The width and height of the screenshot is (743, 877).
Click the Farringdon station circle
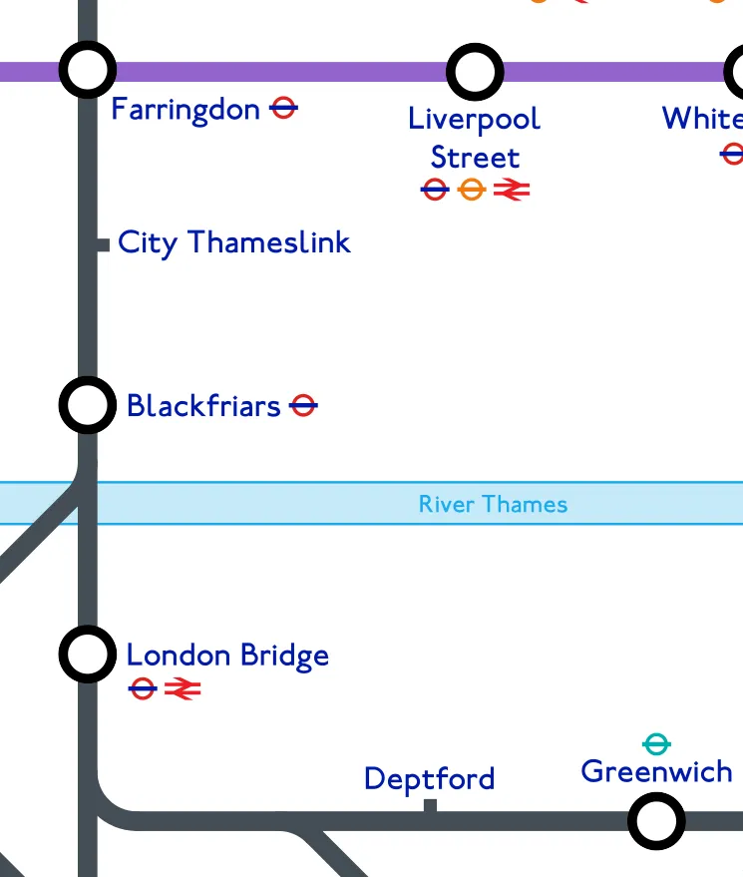pyautogui.click(x=88, y=70)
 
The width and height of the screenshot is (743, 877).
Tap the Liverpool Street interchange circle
pyautogui.click(x=475, y=72)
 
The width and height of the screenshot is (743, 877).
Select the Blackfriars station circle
pyautogui.click(x=88, y=405)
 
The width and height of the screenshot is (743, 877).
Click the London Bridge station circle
pyautogui.click(x=88, y=655)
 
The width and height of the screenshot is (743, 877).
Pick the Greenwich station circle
pyautogui.click(x=656, y=821)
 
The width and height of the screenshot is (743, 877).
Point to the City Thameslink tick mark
pyautogui.click(x=103, y=244)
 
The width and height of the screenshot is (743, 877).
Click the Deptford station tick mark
pyautogui.click(x=430, y=806)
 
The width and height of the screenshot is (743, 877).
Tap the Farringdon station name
pyautogui.click(x=186, y=109)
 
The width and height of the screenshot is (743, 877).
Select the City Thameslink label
pyautogui.click(x=234, y=242)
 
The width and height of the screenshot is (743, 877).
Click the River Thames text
pyautogui.click(x=493, y=504)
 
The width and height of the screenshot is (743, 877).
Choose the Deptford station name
pyautogui.click(x=430, y=778)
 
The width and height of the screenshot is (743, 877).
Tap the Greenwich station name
pyautogui.click(x=656, y=771)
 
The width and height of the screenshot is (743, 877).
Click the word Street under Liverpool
pyautogui.click(x=475, y=158)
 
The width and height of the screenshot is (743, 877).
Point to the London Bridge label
pyautogui.click(x=227, y=656)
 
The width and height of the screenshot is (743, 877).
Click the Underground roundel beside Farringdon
pyautogui.click(x=284, y=108)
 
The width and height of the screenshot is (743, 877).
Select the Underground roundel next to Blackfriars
pyautogui.click(x=303, y=405)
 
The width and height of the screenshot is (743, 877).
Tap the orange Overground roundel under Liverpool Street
pyautogui.click(x=472, y=189)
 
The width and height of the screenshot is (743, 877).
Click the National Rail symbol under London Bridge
pyautogui.click(x=183, y=688)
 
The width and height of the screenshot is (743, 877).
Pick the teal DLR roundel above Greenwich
pyautogui.click(x=656, y=743)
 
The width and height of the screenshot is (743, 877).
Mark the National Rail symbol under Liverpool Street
pyautogui.click(x=512, y=189)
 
